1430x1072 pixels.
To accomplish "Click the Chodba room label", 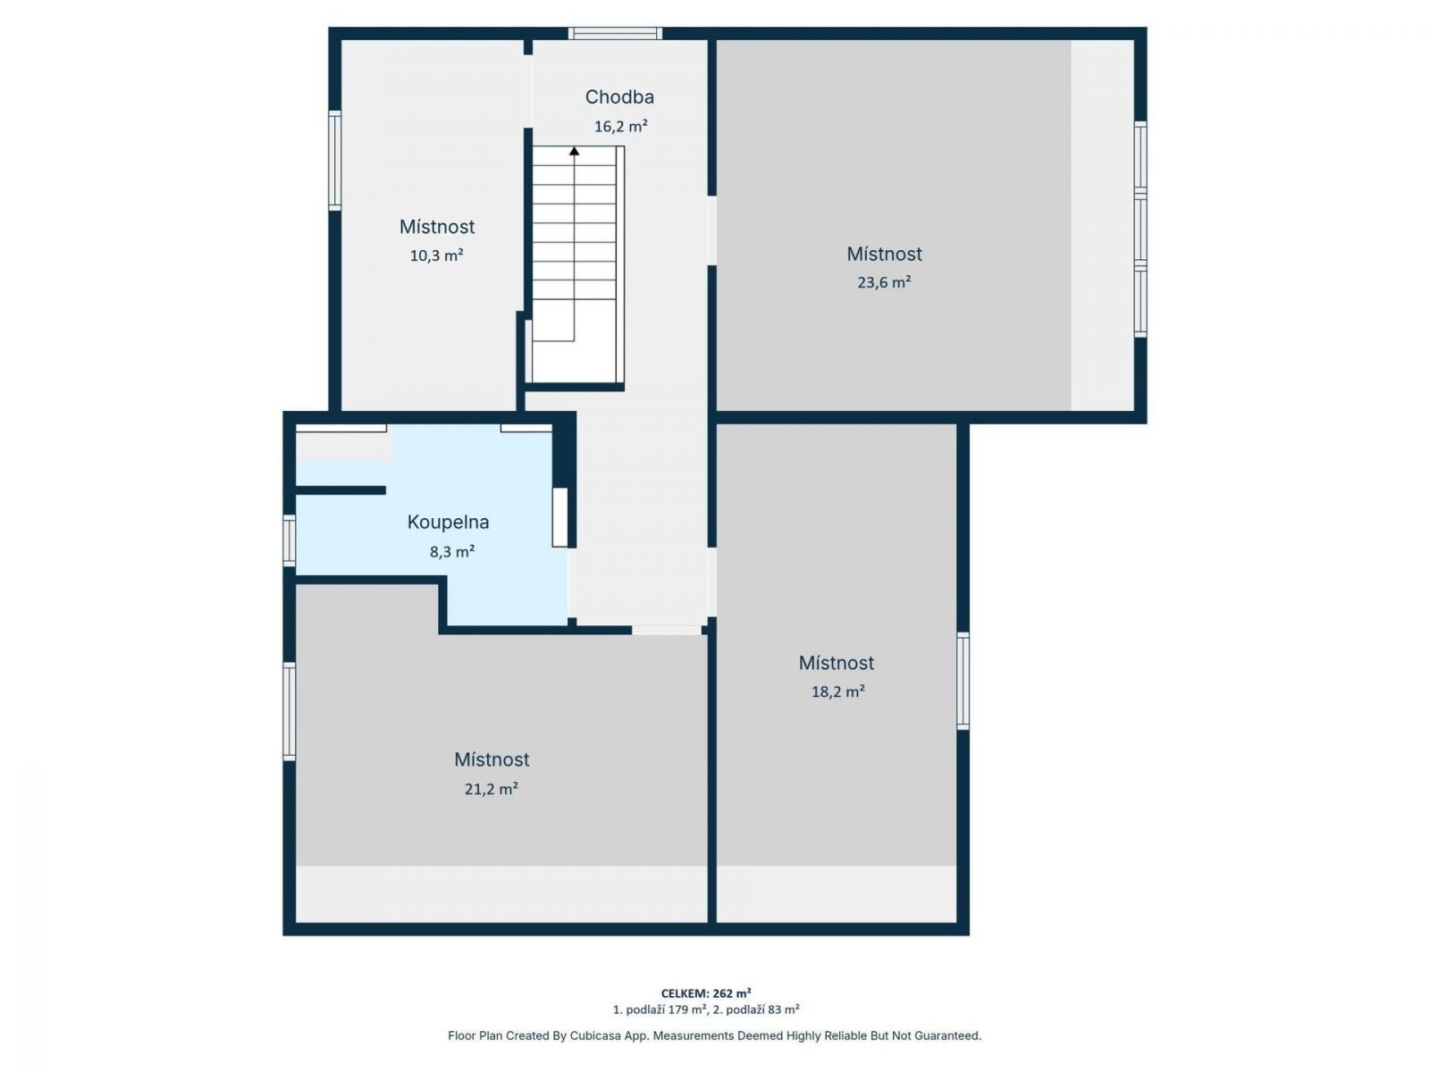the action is coord(618,97).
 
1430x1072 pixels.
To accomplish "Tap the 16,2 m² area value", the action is coord(620,126).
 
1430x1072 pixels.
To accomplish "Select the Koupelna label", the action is coord(448,522).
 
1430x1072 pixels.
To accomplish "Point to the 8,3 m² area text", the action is coord(451,551).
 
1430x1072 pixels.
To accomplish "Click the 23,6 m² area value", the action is coord(883,281).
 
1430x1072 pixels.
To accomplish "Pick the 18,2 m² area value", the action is coord(837,691).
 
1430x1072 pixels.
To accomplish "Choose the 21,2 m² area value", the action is coord(491,789).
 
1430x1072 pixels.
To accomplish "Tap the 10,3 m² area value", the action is coord(436,255).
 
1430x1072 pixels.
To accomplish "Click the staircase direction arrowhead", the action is coord(574,151).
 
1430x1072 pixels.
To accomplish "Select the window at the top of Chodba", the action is coord(615,33).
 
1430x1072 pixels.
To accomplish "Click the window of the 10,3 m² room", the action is coord(335,160).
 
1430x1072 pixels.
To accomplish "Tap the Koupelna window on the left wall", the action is coord(290,540).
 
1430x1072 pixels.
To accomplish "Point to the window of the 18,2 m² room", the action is coord(963,681).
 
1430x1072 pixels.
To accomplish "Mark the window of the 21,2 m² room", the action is coord(290,711).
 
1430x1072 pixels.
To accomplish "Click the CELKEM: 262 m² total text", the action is coord(705,992).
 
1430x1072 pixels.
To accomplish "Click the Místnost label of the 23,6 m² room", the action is coord(884,254).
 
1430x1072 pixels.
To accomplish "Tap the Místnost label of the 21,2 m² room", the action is coord(492,759).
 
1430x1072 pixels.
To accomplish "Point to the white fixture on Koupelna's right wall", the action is coord(559,517).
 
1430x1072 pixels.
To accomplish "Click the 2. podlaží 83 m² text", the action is coord(756,1010).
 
